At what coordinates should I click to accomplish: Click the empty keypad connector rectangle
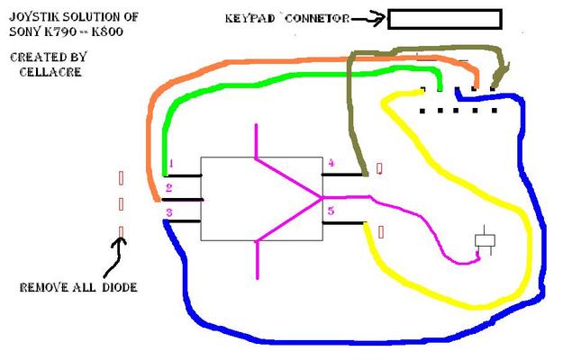(444, 19)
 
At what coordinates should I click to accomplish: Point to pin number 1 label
(168, 165)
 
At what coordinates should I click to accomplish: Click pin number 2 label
(168, 188)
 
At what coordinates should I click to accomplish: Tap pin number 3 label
(168, 211)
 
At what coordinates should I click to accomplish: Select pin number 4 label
(331, 163)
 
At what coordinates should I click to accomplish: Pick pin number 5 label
(331, 211)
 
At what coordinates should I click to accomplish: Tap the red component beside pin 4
(379, 168)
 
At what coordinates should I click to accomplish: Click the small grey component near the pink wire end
(486, 240)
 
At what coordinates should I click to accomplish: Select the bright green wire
(270, 86)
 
